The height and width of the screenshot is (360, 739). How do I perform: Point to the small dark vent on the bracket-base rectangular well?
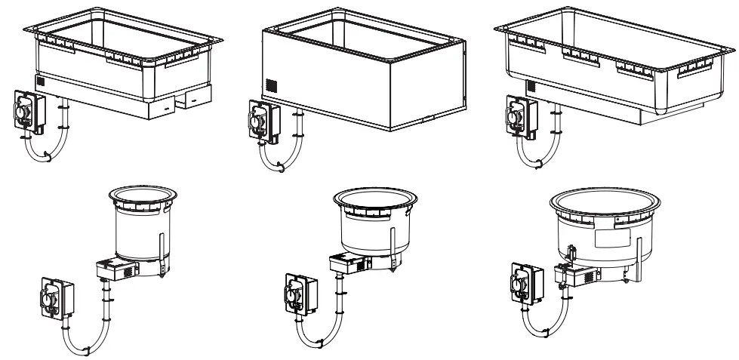tap(41, 82)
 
